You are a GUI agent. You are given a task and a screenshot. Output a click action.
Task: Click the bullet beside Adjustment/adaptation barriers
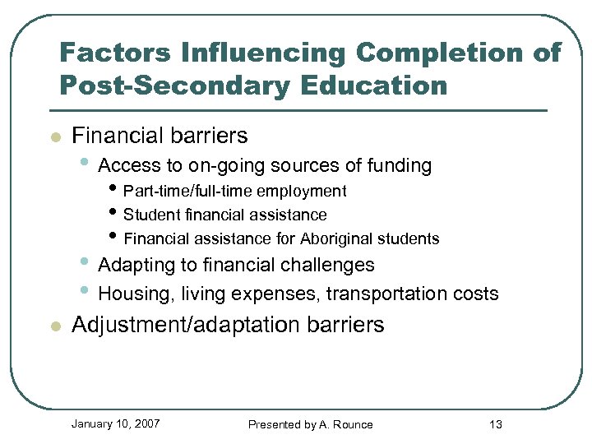coord(55,326)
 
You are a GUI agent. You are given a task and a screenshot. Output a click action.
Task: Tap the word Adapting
coord(134,265)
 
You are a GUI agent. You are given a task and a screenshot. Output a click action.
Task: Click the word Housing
coord(133,294)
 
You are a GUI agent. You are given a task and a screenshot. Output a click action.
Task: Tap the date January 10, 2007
coord(115,423)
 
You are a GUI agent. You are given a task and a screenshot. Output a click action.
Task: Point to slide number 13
coord(495,424)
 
